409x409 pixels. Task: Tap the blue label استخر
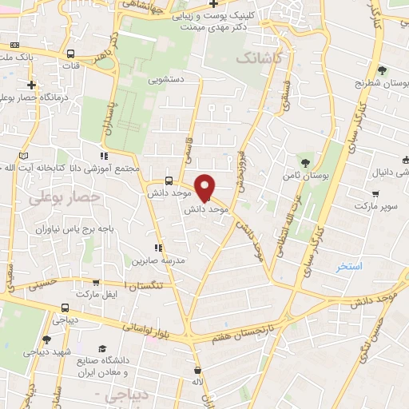(x=348, y=266)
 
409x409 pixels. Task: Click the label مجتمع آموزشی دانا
(x=105, y=169)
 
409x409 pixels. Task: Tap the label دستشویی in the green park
(x=165, y=80)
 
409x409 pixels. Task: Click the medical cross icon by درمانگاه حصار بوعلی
(x=31, y=85)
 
